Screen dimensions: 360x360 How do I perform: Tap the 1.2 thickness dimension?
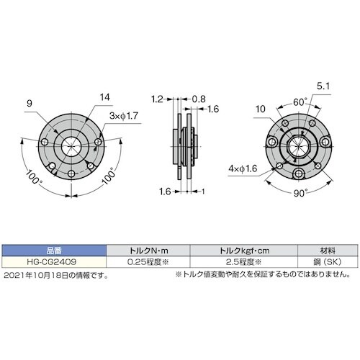158,96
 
